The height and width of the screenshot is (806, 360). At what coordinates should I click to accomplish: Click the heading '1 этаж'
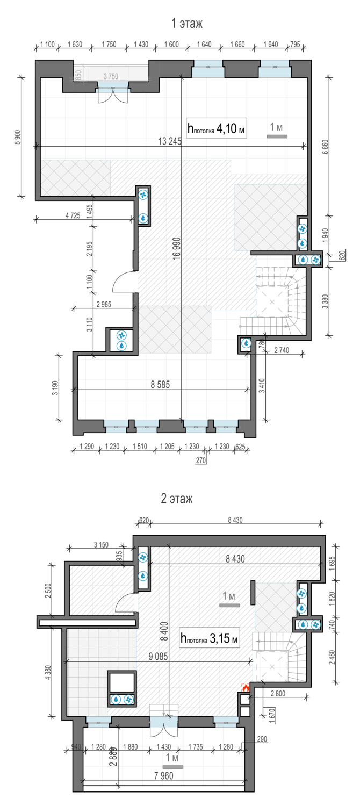(x=186, y=24)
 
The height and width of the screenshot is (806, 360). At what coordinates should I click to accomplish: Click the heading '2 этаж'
(x=177, y=498)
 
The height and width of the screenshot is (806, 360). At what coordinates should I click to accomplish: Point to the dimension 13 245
(x=170, y=141)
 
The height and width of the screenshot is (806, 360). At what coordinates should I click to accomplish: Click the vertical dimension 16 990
(x=177, y=248)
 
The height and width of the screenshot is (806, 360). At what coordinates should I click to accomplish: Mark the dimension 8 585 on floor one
(x=160, y=385)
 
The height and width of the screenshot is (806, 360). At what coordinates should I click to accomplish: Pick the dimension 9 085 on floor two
(x=159, y=656)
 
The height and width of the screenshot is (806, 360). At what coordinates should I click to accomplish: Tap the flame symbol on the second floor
(x=246, y=687)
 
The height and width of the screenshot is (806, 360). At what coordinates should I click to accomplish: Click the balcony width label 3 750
(x=111, y=76)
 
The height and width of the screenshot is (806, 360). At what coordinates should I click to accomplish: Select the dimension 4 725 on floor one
(x=73, y=215)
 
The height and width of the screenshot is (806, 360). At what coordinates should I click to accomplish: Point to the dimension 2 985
(x=104, y=305)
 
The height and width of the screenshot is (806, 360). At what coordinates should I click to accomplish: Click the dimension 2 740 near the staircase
(x=282, y=350)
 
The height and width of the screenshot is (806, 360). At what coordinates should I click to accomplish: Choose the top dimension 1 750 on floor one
(x=109, y=44)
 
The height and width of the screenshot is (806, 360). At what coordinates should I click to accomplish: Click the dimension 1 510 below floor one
(x=140, y=446)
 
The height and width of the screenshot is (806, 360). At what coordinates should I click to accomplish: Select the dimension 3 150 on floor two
(x=101, y=545)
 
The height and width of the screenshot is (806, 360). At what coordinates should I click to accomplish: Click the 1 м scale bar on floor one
(x=277, y=136)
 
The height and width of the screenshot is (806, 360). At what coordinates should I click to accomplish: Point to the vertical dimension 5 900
(x=18, y=137)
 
